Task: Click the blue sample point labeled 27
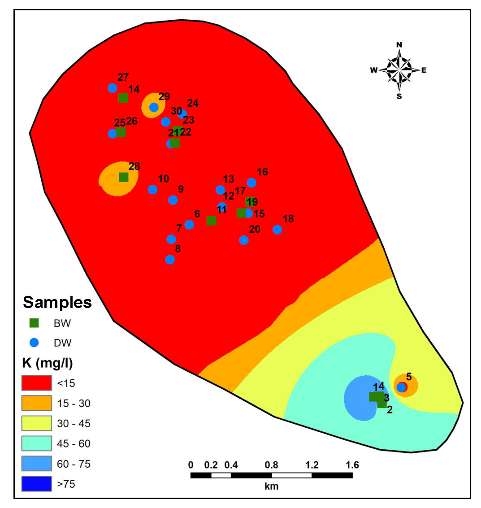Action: click(113, 88)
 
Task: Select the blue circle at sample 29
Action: click(154, 107)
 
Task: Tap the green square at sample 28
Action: click(123, 177)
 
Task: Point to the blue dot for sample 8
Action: click(170, 260)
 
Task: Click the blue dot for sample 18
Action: click(277, 230)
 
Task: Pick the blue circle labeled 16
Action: click(251, 182)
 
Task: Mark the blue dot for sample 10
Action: click(153, 189)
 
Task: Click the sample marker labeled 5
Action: click(401, 387)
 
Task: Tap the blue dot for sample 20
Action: click(244, 240)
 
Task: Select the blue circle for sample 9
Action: click(173, 200)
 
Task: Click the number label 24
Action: click(193, 103)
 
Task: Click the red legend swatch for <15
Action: click(36, 383)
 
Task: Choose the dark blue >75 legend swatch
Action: click(36, 484)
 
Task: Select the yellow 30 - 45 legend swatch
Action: click(36, 423)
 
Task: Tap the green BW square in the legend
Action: click(34, 323)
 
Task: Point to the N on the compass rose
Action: click(399, 44)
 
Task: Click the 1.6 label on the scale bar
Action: click(352, 465)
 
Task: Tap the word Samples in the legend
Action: click(57, 302)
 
